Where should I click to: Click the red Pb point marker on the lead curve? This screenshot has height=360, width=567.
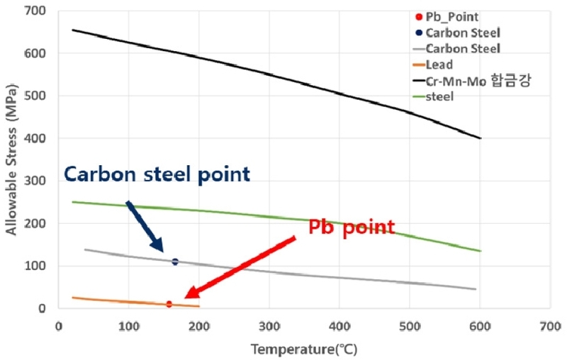[x=169, y=304]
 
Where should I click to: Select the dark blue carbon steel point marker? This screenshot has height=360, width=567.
[x=175, y=262]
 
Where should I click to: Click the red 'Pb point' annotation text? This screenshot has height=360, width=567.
[x=351, y=227]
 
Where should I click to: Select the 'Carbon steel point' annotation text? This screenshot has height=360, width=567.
[x=157, y=174]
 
